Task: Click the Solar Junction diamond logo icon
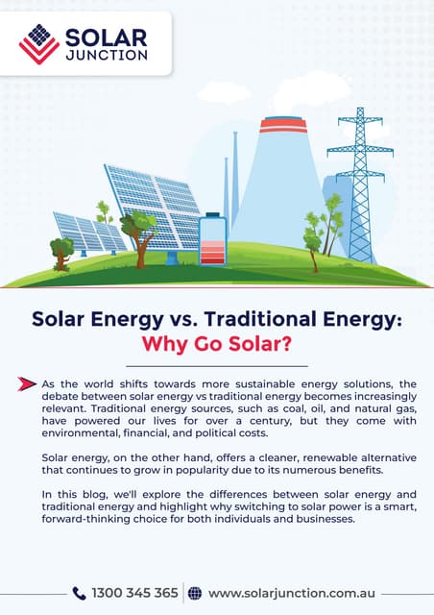coord(39,42)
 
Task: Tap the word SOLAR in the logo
coord(106,37)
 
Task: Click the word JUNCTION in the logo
coord(106,55)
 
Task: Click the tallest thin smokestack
coord(234,178)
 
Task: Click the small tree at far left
coord(61,251)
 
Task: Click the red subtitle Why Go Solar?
coord(216,344)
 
